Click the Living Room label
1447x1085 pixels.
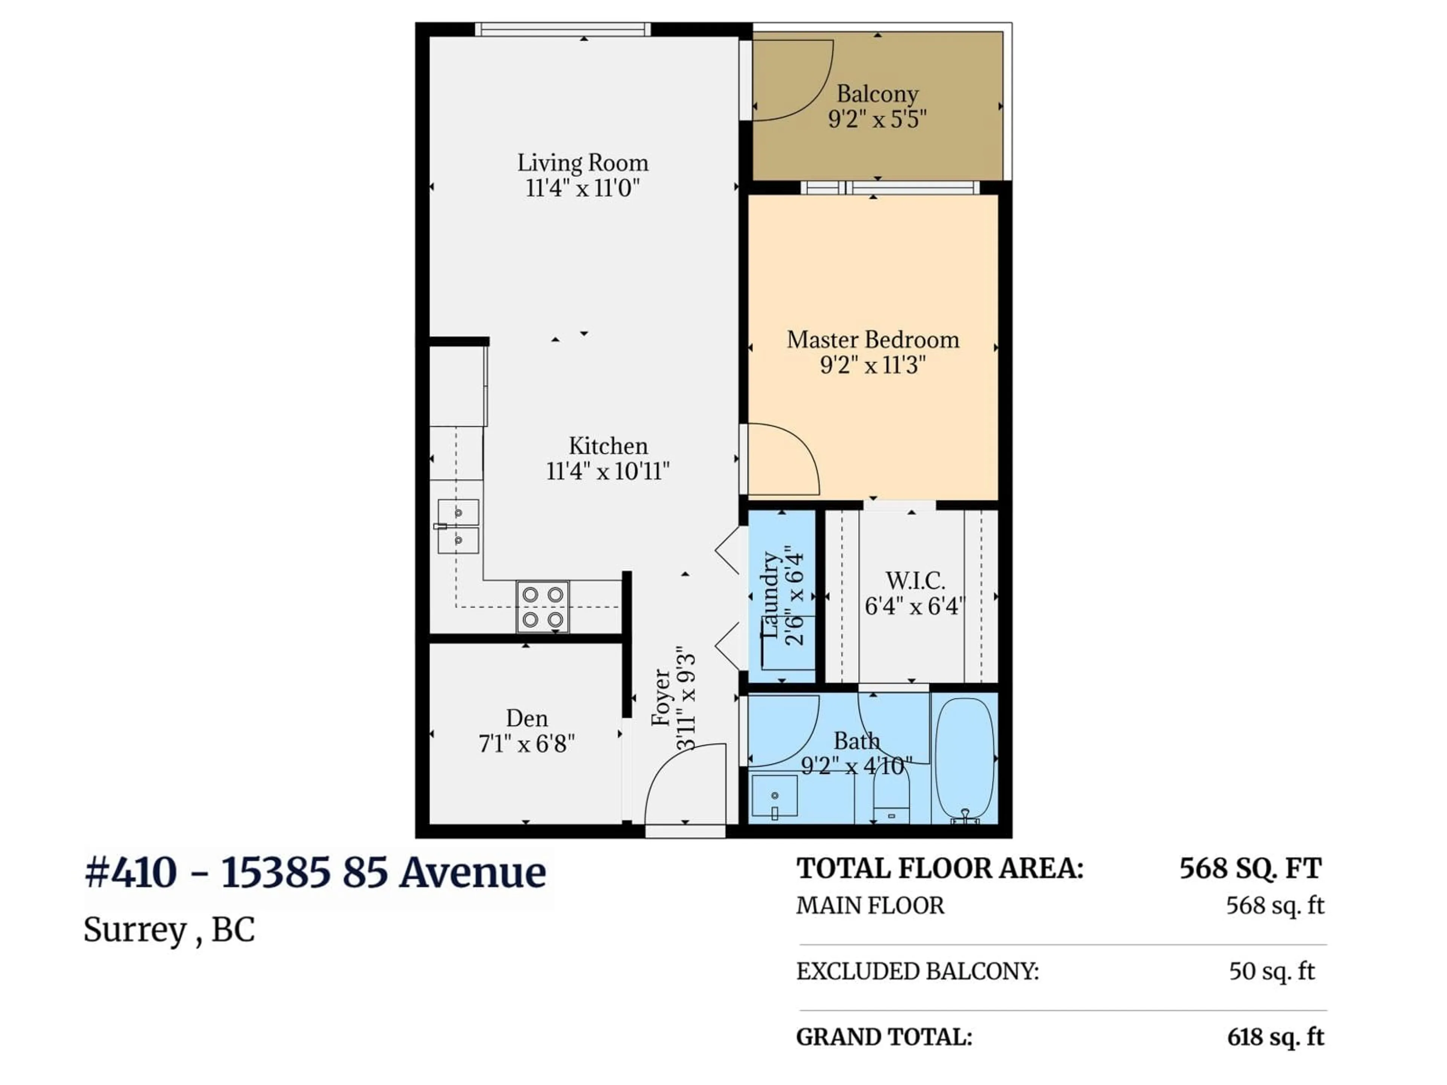(x=582, y=163)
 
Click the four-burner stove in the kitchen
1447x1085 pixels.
(x=542, y=606)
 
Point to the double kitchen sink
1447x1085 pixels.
(x=458, y=526)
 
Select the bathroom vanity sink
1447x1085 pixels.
(x=774, y=796)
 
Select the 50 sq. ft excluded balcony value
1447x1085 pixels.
(x=1271, y=971)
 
